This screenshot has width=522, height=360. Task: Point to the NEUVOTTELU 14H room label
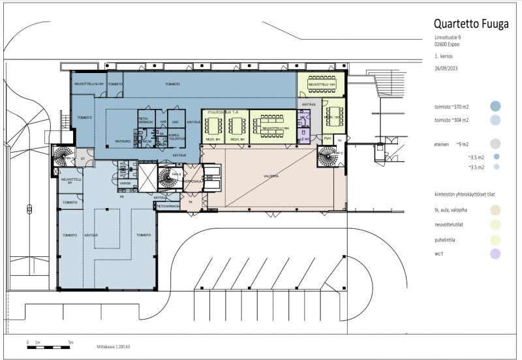(x=320, y=85)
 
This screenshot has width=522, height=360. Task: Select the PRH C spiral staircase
(x=327, y=157)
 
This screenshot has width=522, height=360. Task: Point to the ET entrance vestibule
(x=83, y=158)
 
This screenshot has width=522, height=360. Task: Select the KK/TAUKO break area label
(x=124, y=140)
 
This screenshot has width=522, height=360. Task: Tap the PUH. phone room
(x=328, y=138)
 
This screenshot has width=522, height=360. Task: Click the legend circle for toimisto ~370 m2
(x=496, y=106)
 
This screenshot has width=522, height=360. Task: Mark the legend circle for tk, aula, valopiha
(x=496, y=209)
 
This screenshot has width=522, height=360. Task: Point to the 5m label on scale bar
(x=70, y=342)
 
